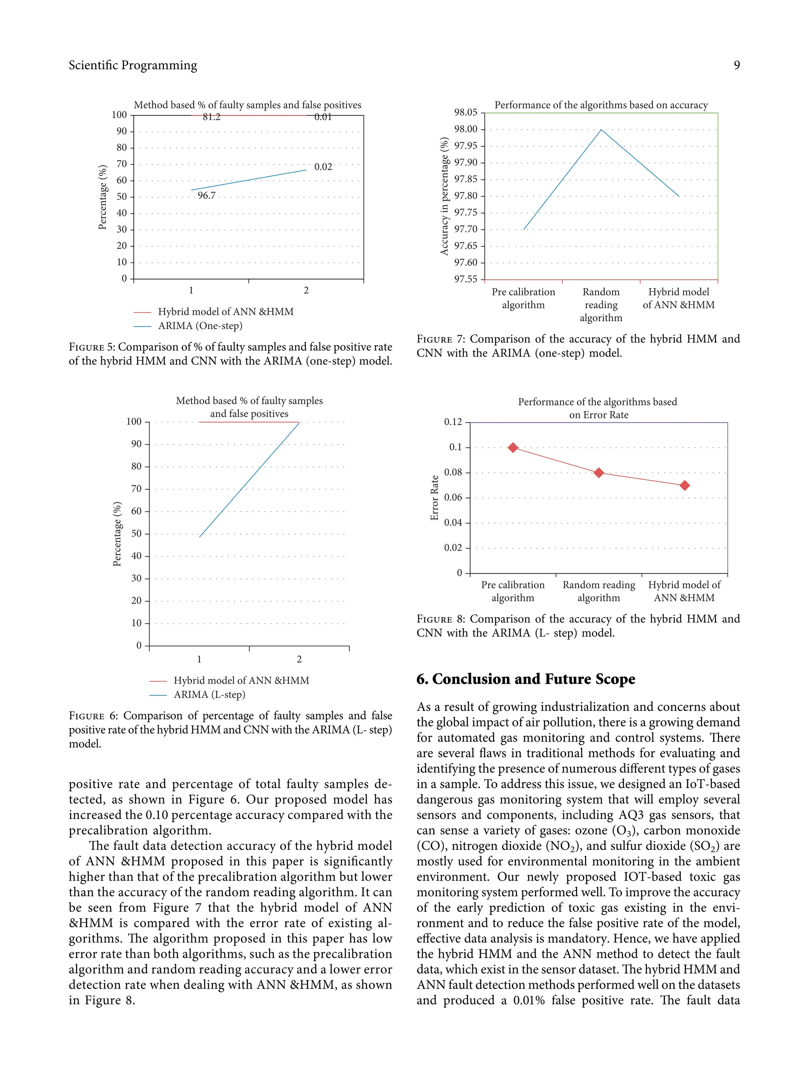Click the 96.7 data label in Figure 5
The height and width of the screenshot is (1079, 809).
tap(206, 196)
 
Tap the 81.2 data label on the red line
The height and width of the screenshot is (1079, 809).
tap(211, 117)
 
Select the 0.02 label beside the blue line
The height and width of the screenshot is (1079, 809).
tap(323, 167)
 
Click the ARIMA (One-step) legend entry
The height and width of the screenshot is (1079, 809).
tap(200, 326)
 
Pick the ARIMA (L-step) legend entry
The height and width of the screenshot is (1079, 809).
tap(209, 694)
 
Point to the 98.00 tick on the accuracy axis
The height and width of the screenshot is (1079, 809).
tap(466, 129)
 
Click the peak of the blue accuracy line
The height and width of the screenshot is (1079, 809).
tap(601, 130)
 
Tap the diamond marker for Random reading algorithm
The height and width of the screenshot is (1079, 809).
tap(599, 473)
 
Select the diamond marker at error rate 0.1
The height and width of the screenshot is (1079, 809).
tap(512, 447)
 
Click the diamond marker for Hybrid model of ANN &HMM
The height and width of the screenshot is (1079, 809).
tap(684, 485)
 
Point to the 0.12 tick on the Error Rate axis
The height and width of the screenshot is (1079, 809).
tap(453, 422)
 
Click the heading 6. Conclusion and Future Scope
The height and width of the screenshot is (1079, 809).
tap(526, 679)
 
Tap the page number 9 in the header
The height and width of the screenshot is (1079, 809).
tap(736, 65)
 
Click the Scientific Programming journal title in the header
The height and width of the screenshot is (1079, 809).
tap(133, 65)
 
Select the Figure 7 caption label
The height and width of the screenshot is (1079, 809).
tap(441, 339)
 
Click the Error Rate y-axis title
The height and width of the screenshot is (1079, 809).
tap(435, 497)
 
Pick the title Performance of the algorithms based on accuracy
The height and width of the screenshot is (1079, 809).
tap(601, 105)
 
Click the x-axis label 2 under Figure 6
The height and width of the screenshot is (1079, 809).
tap(299, 659)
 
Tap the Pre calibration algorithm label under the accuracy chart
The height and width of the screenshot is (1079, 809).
tap(523, 298)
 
